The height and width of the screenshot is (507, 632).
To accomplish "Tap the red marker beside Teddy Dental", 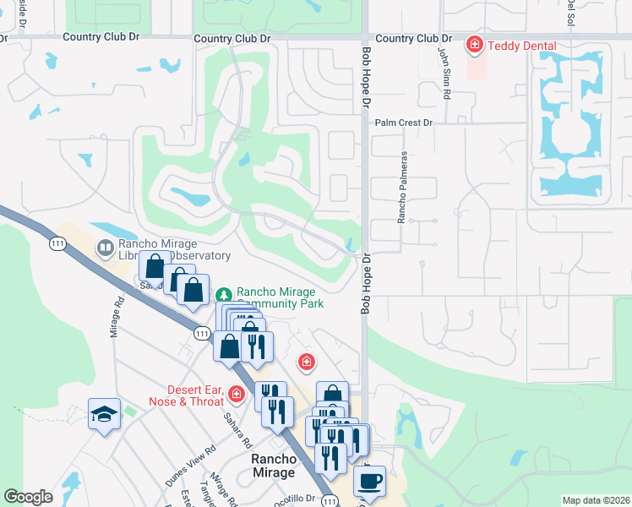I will [x=475, y=45].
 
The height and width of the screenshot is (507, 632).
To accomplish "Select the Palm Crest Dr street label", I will [x=404, y=123].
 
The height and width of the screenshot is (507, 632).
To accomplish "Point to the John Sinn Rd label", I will [x=442, y=73].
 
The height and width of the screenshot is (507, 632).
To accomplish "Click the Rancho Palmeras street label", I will [x=404, y=188].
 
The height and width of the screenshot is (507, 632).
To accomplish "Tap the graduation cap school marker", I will [x=104, y=414].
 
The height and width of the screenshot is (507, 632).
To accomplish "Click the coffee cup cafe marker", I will [x=369, y=481].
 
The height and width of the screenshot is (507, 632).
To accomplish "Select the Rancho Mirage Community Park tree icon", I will [x=224, y=295].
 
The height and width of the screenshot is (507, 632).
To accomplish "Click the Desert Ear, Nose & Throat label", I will [x=184, y=395].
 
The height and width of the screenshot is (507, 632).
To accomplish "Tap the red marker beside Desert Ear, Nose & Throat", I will [x=237, y=394].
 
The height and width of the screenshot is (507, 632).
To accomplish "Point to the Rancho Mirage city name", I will [x=275, y=466].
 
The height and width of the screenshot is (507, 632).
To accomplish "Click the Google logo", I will [x=29, y=497].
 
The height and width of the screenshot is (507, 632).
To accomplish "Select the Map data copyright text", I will [x=596, y=500].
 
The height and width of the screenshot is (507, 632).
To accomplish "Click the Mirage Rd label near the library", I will [x=117, y=316].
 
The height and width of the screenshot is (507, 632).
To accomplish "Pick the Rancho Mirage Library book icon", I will [x=106, y=248].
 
